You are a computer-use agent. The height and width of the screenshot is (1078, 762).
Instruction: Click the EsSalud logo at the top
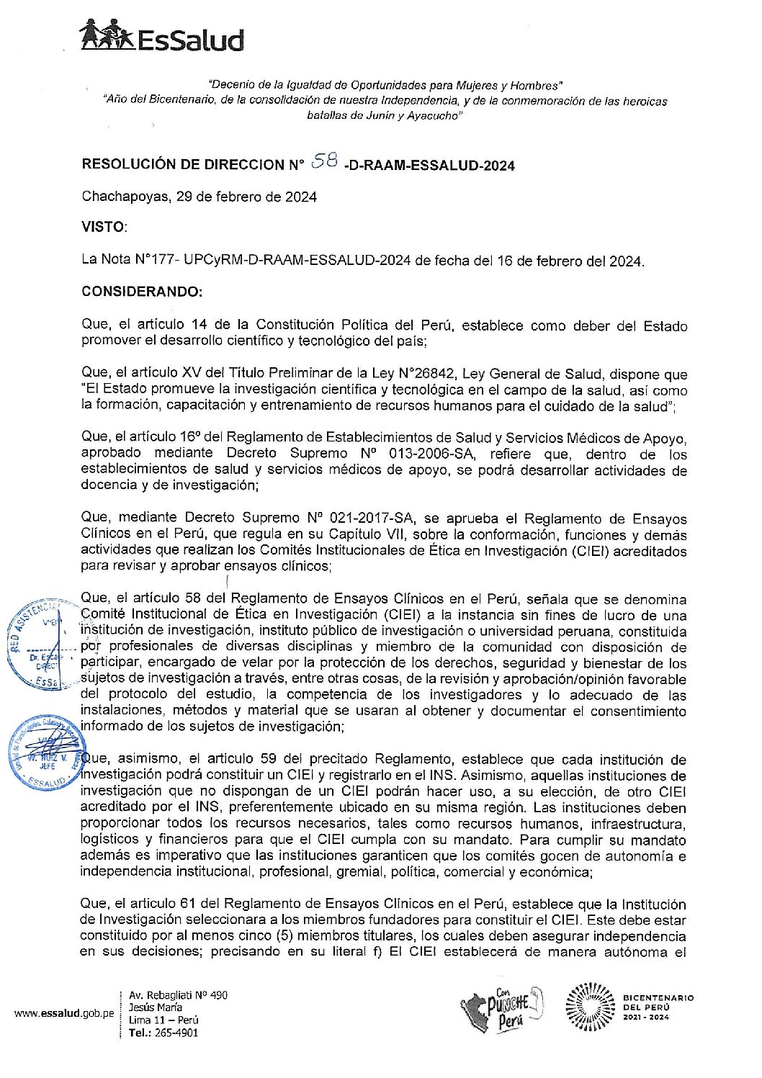coord(162,36)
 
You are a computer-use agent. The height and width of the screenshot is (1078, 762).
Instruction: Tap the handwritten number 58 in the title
coord(325,162)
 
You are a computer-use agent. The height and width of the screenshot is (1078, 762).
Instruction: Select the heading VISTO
coord(103,227)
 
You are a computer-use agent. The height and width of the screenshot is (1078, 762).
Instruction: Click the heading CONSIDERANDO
coord(142,292)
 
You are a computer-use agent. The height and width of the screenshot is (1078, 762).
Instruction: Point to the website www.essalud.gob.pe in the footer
coord(64,1013)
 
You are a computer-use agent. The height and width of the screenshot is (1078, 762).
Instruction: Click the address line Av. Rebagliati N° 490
coord(178,995)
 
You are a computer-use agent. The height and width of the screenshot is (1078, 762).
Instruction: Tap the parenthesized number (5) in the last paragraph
coord(284,936)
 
